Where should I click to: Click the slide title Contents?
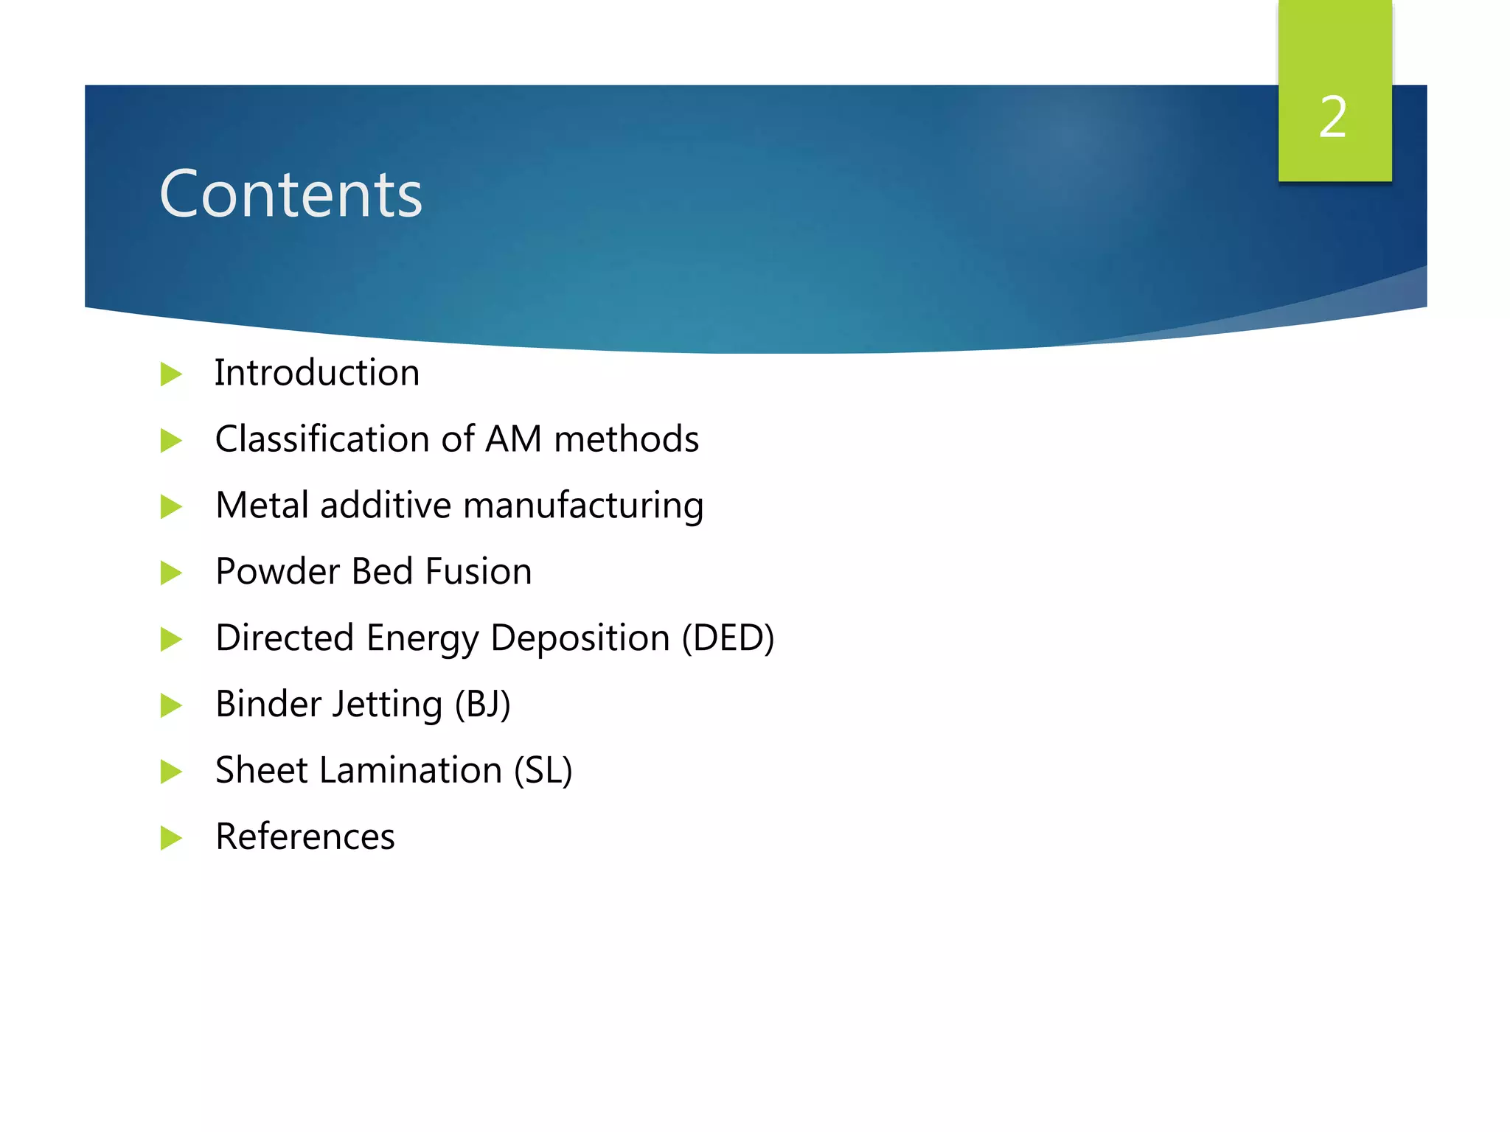tap(290, 194)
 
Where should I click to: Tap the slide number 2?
tap(1333, 116)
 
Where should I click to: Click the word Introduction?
tap(317, 372)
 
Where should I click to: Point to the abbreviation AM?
tap(513, 439)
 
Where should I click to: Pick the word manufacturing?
tap(583, 506)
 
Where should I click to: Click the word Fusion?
tap(479, 571)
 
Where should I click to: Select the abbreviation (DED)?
tap(728, 637)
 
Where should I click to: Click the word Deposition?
tap(580, 639)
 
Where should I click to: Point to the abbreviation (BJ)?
tap(482, 704)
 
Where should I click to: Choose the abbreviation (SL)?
tap(543, 770)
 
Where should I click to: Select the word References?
tap(305, 836)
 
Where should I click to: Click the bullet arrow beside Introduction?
tap(170, 374)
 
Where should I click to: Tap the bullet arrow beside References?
tap(170, 838)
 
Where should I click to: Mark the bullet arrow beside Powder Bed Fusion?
tap(170, 573)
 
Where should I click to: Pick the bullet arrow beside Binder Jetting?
tap(170, 705)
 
